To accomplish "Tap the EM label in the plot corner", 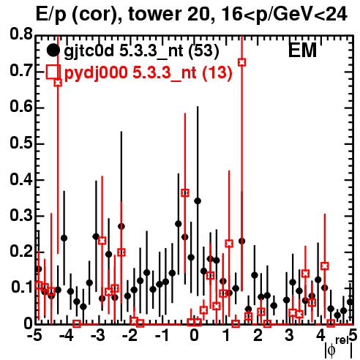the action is click(x=302, y=50).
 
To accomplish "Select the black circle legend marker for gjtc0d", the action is click(x=53, y=50).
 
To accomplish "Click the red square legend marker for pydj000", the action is click(x=53, y=72).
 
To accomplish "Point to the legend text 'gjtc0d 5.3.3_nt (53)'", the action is click(x=141, y=51).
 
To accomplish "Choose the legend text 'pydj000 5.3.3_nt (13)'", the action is click(x=148, y=73).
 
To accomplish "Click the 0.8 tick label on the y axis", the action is click(x=20, y=34).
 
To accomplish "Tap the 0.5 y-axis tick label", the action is click(x=20, y=143).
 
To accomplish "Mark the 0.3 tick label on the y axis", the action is click(x=20, y=216).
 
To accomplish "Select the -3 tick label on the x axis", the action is click(x=98, y=336).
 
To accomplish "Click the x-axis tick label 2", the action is click(x=258, y=336).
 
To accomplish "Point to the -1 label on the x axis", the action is click(x=162, y=336).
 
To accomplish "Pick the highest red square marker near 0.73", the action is click(x=241, y=62).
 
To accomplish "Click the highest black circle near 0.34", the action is click(x=198, y=201).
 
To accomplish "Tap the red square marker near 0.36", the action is click(x=185, y=193).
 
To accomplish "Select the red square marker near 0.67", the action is click(x=58, y=83).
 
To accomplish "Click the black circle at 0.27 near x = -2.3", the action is click(x=121, y=226).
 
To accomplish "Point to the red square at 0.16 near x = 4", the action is click(x=325, y=266).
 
